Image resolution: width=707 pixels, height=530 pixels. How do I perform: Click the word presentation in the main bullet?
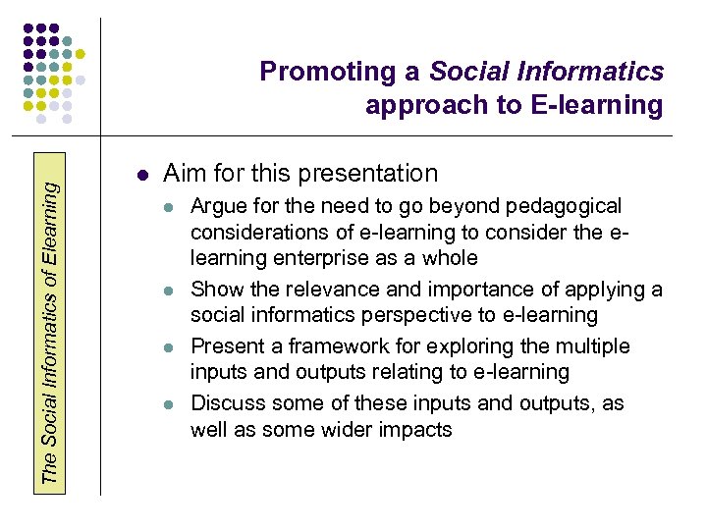(369, 174)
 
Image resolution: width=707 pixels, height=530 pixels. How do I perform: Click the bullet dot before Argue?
(169, 208)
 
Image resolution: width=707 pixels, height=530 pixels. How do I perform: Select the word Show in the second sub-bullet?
(214, 290)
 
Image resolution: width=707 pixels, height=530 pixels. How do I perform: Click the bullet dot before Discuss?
(169, 404)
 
